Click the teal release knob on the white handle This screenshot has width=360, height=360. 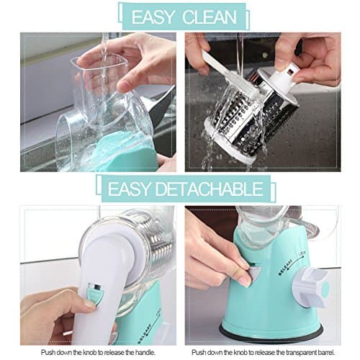pyautogui.click(x=94, y=292)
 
